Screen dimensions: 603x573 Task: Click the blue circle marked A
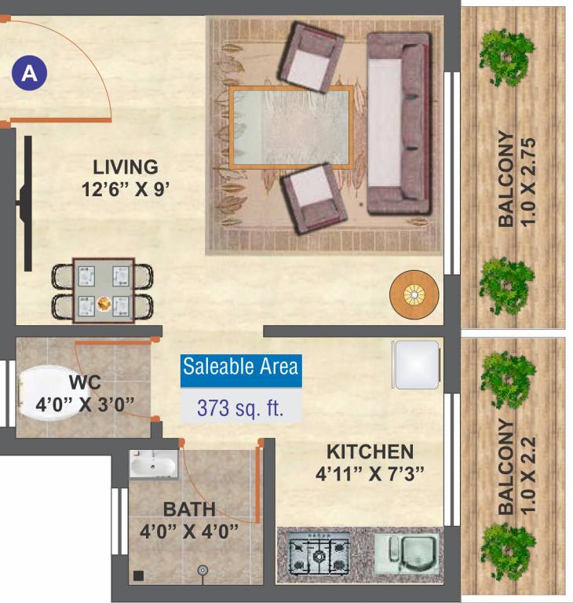[x=30, y=74]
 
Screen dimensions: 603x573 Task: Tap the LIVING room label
[x=126, y=167]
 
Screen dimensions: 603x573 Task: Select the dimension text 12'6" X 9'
[x=126, y=188]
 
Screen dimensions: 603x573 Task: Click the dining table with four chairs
[x=103, y=291]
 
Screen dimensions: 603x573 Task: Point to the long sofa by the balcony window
[x=400, y=123]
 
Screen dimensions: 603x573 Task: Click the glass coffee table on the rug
[x=290, y=127]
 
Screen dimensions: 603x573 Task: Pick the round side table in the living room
[x=414, y=294]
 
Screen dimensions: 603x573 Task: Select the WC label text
[x=84, y=383]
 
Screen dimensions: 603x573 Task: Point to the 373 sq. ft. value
[x=240, y=407]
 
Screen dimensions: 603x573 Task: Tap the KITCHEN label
[x=370, y=451]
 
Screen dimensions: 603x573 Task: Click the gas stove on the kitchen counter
[x=319, y=554]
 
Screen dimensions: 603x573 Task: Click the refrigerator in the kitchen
[x=416, y=364]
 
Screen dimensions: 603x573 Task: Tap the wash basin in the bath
[x=152, y=466]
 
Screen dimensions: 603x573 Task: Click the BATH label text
[x=189, y=509]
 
